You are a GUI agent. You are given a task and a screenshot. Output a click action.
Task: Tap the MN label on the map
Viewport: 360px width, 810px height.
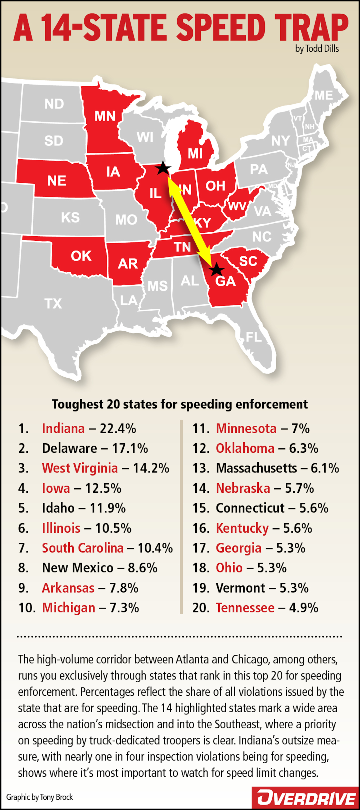tap(105, 116)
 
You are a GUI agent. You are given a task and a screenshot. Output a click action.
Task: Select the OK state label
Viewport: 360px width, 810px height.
tap(81, 256)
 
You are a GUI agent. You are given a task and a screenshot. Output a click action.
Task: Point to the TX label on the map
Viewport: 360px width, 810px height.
tap(53, 304)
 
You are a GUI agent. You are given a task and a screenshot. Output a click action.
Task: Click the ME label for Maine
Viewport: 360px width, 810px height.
tap(323, 95)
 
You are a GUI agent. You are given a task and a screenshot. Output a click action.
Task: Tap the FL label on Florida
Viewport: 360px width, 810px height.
tap(253, 337)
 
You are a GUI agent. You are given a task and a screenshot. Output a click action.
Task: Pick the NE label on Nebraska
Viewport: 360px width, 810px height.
tap(57, 181)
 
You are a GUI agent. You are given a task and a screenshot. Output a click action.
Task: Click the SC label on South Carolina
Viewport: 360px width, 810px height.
tap(248, 261)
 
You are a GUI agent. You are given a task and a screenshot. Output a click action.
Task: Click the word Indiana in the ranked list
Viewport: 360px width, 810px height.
tap(63, 428)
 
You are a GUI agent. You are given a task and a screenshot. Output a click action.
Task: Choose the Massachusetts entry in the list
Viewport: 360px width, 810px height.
tap(256, 468)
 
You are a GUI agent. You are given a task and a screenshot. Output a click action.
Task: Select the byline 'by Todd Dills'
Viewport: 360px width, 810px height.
tap(317, 49)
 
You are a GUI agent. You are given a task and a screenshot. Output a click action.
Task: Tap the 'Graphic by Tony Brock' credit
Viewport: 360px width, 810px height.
tap(39, 797)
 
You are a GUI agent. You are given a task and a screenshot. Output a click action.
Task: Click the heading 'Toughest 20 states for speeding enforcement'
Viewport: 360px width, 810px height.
tap(180, 404)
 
